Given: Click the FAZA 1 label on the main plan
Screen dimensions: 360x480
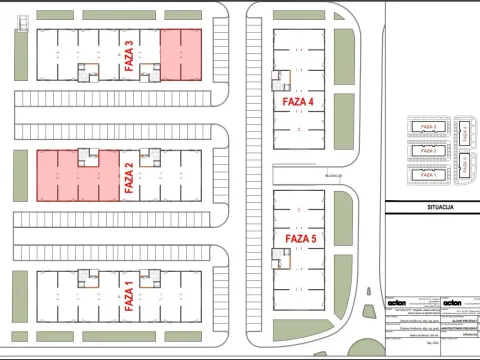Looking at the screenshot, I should coord(127,296).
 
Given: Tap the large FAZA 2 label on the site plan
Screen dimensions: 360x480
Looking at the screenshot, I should coord(127,177).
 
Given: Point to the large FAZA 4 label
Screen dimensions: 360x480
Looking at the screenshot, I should coord(298,101).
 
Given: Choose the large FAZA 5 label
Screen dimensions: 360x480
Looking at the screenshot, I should coord(300,239).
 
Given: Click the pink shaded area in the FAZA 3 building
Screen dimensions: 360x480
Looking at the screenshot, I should coord(181,55).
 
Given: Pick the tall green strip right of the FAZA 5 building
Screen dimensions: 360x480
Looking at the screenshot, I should coord(343,236).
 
